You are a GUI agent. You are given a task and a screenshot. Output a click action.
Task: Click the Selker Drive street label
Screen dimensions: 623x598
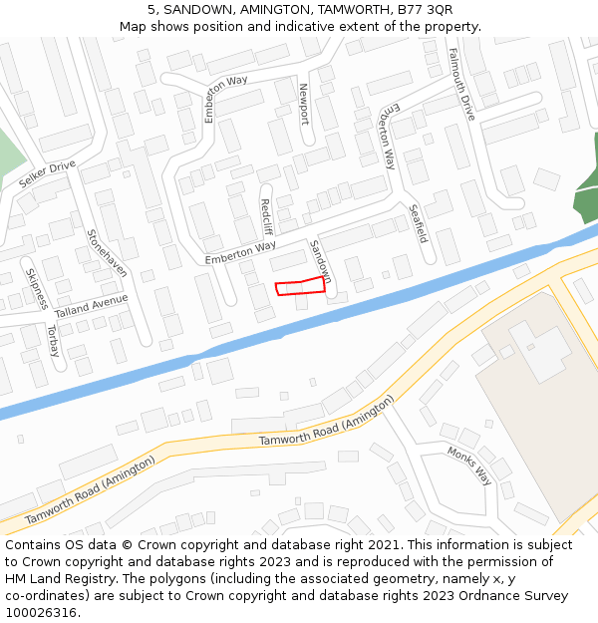pos(47,174)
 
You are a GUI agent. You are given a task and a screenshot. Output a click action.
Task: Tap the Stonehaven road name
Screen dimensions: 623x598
pos(107,254)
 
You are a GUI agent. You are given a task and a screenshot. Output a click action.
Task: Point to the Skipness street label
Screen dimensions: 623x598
pos(35,289)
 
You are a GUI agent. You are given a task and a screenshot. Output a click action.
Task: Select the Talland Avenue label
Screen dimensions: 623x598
pos(92,306)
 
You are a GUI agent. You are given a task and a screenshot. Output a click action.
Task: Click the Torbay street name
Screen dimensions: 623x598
pos(53,341)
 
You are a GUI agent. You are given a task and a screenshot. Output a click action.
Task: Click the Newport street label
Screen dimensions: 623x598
pos(304,104)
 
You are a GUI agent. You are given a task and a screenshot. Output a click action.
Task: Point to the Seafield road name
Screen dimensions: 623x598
pos(418,224)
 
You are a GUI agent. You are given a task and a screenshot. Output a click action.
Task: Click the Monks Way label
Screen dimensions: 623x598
pos(469,466)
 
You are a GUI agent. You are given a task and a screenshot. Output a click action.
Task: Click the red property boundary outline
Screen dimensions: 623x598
pos(300,287)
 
